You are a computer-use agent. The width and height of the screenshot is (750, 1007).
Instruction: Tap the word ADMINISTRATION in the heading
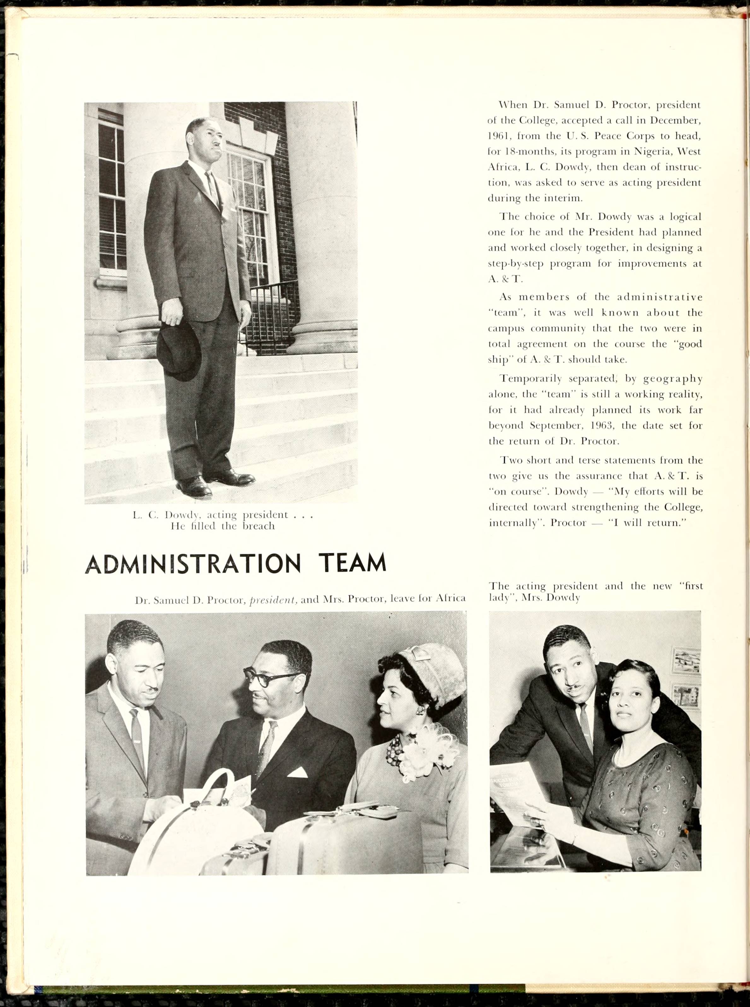(193, 564)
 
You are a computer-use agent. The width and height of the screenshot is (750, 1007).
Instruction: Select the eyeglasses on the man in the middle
(269, 677)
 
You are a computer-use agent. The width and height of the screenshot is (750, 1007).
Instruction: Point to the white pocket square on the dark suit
(297, 773)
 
